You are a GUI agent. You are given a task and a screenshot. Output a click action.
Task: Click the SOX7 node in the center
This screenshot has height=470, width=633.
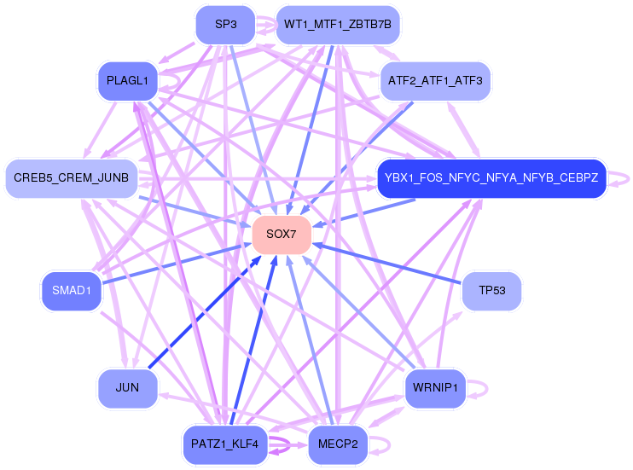[281, 234]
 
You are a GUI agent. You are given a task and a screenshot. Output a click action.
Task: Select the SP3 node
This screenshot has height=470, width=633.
[225, 25]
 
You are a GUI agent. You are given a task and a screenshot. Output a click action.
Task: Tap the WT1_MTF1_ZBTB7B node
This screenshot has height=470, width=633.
[338, 25]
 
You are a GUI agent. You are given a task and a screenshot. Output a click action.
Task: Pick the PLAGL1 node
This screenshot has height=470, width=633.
[127, 81]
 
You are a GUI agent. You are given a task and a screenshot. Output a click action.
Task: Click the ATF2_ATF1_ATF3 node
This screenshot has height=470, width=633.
[435, 81]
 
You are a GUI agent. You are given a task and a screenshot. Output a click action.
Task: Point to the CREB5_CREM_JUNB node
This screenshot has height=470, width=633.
[72, 178]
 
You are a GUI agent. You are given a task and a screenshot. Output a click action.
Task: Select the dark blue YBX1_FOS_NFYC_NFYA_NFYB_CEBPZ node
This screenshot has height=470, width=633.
[491, 178]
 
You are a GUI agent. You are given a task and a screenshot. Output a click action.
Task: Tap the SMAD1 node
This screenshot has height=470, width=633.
[71, 291]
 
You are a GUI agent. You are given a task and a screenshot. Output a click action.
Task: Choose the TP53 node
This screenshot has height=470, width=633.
[491, 291]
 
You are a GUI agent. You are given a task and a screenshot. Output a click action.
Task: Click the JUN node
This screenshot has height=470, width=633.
[127, 388]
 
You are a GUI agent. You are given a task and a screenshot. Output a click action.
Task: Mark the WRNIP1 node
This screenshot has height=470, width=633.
[435, 388]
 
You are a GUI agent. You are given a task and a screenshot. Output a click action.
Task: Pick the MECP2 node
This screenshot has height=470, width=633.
[338, 444]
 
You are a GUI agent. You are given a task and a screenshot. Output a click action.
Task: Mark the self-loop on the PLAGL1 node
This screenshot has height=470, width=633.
[176, 81]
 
